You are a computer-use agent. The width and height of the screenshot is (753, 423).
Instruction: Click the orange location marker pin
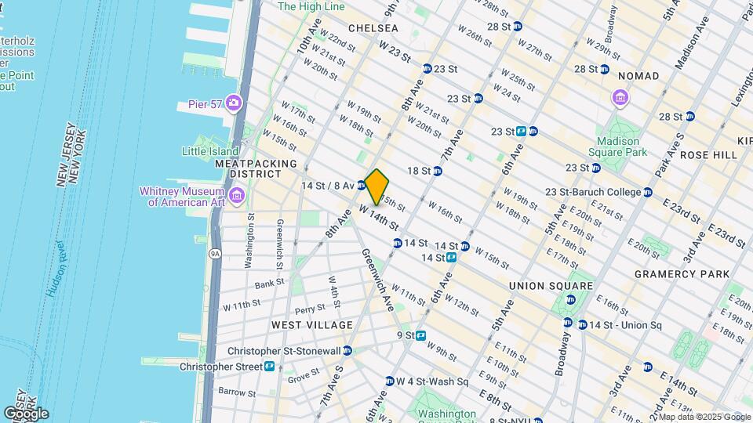pyautogui.click(x=377, y=186)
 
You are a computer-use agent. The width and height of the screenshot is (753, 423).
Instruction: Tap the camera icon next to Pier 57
pyautogui.click(x=233, y=103)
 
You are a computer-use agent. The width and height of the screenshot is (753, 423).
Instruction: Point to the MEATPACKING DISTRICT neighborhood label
pyautogui.click(x=256, y=168)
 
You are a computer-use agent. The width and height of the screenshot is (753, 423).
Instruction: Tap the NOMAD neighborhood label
pyautogui.click(x=638, y=75)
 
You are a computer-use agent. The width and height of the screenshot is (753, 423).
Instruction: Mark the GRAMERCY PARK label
pyautogui.click(x=682, y=274)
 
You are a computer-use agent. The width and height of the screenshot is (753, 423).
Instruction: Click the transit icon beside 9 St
pyautogui.click(x=421, y=335)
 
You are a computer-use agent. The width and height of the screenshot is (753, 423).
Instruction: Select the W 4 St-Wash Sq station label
pyautogui.click(x=431, y=381)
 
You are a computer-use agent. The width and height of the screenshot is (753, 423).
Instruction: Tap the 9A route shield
pyautogui.click(x=213, y=253)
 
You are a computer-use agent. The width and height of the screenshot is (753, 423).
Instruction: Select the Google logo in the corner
pyautogui.click(x=26, y=413)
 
